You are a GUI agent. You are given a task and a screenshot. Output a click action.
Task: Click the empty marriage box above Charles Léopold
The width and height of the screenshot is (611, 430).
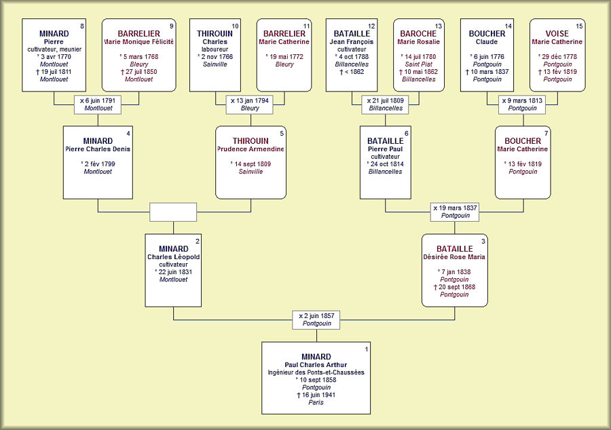click(x=173, y=212)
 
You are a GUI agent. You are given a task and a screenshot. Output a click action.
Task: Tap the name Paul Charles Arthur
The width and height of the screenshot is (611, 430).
click(x=316, y=365)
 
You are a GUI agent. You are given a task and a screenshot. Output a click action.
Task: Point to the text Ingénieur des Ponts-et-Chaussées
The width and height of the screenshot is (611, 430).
click(x=316, y=372)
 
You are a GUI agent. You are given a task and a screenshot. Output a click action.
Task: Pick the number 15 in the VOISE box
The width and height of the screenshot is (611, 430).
click(x=578, y=26)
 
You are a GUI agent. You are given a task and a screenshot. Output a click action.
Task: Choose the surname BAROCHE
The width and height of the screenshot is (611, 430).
click(x=418, y=34)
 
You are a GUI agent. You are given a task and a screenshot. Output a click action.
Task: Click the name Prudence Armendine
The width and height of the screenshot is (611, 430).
click(x=251, y=149)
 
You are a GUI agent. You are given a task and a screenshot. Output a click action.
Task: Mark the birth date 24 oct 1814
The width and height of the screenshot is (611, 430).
click(x=387, y=164)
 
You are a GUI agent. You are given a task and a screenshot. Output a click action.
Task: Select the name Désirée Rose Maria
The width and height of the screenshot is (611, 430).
click(x=454, y=257)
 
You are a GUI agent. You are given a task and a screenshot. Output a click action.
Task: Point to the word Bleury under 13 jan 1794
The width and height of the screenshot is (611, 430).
click(x=250, y=109)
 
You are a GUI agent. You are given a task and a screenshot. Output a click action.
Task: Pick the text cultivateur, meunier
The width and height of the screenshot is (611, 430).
click(x=54, y=49)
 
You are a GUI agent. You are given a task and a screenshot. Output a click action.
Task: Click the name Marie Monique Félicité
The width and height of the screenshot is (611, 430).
click(x=139, y=41)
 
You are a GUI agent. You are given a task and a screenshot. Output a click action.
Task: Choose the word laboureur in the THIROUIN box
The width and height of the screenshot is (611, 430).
click(x=215, y=49)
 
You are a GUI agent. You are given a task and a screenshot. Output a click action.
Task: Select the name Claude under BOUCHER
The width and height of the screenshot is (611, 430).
click(x=487, y=42)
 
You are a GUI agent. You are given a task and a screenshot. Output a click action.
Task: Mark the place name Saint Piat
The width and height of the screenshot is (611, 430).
click(x=418, y=64)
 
